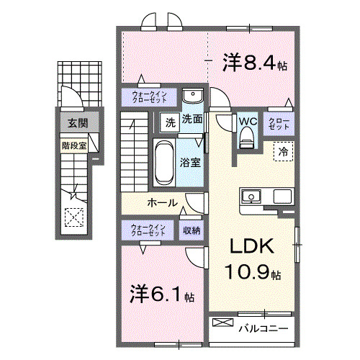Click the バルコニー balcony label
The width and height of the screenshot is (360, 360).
pyautogui.click(x=264, y=328)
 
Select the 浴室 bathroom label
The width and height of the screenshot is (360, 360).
pyautogui.click(x=191, y=162)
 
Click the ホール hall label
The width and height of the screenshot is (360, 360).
pyautogui.click(x=163, y=203)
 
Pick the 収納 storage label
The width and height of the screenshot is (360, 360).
pyautogui.click(x=191, y=230)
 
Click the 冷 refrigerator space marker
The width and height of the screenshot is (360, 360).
pyautogui.click(x=283, y=151)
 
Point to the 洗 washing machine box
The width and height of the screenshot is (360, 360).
pyautogui.click(x=169, y=122)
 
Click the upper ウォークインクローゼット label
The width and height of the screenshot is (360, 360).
pyautogui.click(x=148, y=97)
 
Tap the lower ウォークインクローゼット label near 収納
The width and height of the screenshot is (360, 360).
pyautogui.click(x=148, y=230)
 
